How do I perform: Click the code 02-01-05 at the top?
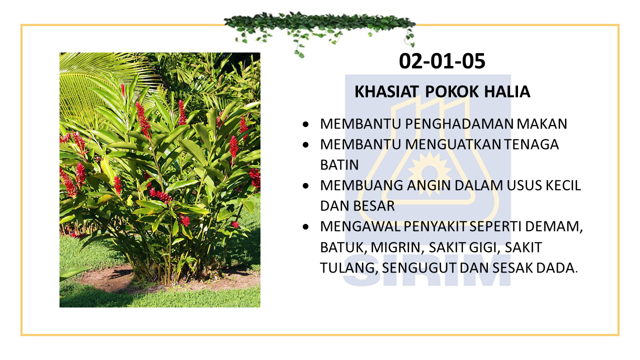point(442,61)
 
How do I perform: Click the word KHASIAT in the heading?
point(386,91)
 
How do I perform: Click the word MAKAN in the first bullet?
point(542,124)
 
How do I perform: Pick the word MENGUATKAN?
point(452,144)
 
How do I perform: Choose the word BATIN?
point(339,165)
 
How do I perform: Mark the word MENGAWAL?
point(360,227)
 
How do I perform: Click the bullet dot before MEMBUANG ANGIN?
point(305,186)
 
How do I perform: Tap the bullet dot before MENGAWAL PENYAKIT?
point(305,227)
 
